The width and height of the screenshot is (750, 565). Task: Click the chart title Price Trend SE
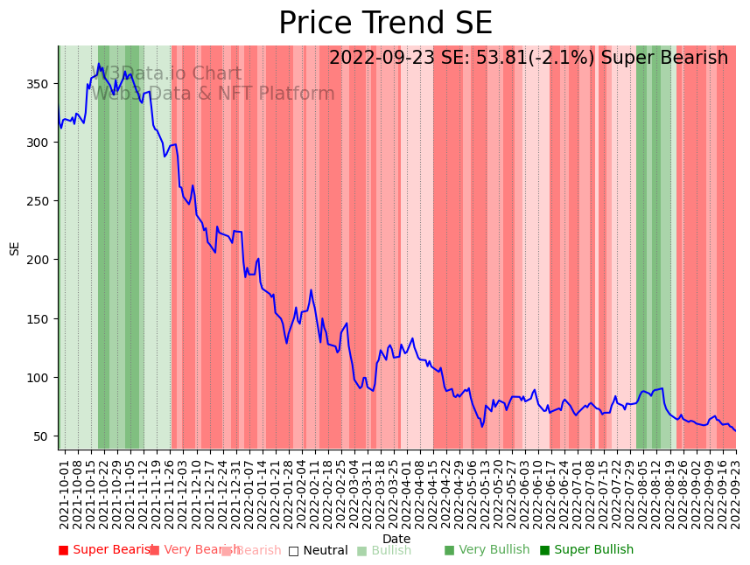[385, 24]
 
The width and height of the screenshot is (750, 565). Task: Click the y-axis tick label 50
[40, 436]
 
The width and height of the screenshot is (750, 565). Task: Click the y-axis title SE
[14, 248]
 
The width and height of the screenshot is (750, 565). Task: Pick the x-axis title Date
[396, 539]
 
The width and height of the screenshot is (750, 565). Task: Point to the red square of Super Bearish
[63, 550]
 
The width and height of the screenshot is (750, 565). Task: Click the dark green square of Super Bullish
[544, 550]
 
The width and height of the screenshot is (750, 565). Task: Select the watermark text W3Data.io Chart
[166, 74]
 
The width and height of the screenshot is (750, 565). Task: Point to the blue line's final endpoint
[735, 430]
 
